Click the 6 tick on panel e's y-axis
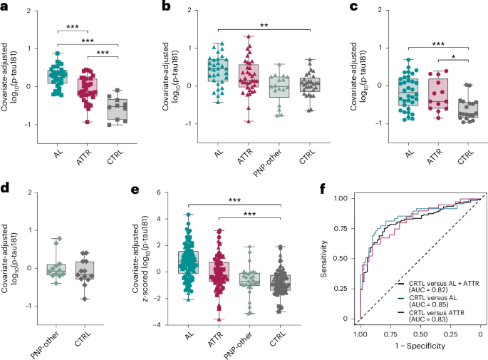(x=161, y=192)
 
